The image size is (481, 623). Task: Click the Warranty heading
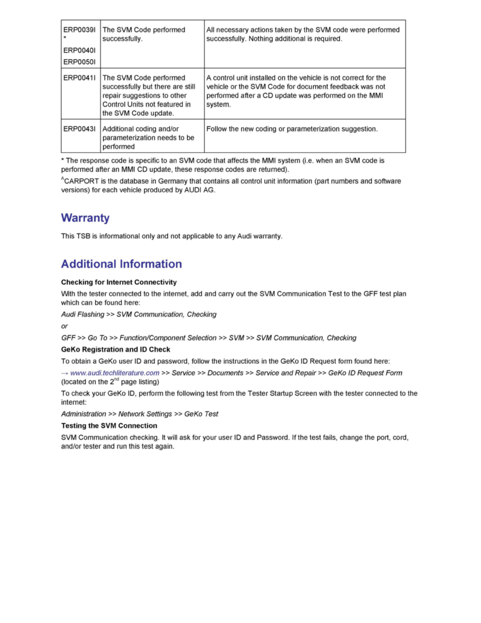85,218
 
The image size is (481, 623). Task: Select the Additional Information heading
122,264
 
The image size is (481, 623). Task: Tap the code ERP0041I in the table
79,78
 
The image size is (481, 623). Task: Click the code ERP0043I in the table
79,128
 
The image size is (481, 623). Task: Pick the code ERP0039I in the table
79,30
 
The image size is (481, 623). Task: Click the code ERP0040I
79,50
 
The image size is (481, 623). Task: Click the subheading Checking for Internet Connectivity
119,282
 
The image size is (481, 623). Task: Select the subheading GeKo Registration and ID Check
116,349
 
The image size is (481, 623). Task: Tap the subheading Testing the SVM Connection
109,425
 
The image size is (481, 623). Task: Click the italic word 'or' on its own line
64,326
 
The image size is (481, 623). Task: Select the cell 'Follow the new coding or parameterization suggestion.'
292,128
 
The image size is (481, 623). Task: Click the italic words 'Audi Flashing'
83,314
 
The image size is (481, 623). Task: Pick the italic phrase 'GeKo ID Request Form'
365,373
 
